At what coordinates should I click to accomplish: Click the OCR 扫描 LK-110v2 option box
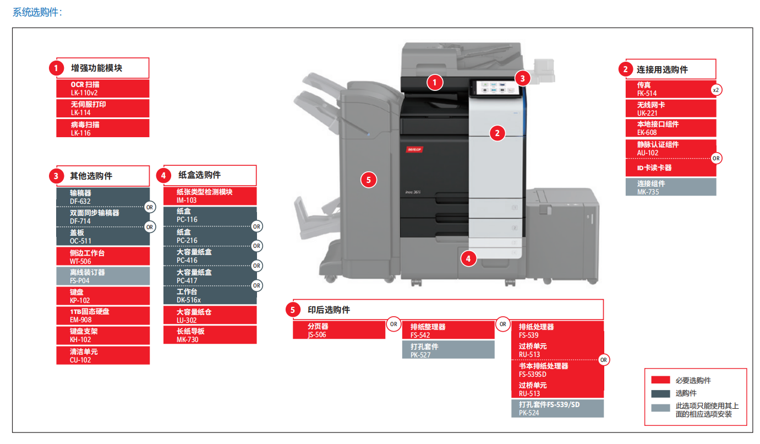[102, 88]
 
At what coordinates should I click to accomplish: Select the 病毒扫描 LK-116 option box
[102, 128]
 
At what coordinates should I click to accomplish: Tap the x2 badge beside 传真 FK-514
[716, 89]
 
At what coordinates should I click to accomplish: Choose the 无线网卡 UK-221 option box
[670, 109]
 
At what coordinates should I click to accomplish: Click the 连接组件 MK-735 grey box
[670, 187]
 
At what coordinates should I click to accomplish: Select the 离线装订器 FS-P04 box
[102, 276]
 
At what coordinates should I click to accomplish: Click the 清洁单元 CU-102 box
[102, 355]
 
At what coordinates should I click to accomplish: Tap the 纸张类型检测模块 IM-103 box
[210, 196]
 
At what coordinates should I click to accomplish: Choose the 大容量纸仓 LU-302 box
[210, 315]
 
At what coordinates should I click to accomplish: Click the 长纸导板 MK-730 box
[210, 335]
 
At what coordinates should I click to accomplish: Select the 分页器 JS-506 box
[338, 330]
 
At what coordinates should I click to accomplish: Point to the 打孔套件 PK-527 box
[448, 350]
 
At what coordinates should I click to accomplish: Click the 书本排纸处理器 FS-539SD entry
[557, 370]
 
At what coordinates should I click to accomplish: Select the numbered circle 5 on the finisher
[369, 179]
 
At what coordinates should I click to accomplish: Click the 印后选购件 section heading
[329, 310]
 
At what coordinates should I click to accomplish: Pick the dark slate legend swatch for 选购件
[660, 393]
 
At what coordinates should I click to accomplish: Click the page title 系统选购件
[37, 12]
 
